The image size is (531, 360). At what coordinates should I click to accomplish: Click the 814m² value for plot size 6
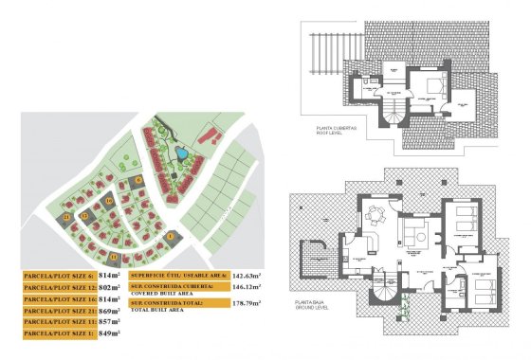112,274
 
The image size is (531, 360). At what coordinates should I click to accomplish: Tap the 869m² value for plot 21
112,310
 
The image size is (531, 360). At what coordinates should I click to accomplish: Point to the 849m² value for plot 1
112,333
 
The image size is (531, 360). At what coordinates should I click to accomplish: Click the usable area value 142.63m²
249,274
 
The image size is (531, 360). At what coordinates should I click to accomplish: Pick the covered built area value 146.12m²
249,286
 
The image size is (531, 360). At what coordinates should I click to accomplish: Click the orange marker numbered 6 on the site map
138,178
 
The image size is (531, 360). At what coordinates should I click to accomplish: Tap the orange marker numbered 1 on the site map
171,237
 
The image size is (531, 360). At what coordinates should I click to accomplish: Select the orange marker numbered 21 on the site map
68,218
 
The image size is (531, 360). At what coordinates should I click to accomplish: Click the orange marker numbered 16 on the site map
109,201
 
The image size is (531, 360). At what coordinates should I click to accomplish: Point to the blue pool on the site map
178,152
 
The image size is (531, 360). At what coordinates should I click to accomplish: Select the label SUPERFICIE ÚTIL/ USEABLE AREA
177,274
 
